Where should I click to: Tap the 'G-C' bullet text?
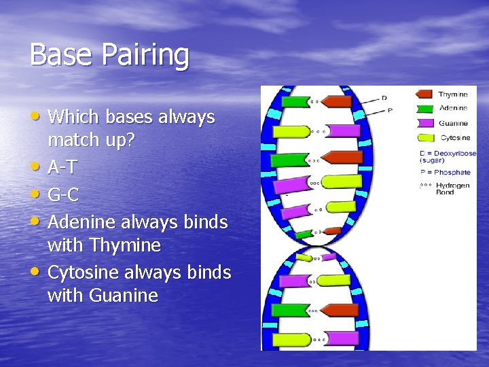(64, 195)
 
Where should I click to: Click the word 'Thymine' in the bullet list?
(128, 245)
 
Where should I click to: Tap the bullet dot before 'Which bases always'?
(39, 117)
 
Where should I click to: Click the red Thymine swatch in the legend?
(424, 95)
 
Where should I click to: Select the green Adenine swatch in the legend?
(424, 109)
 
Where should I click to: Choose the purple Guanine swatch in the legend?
(424, 123)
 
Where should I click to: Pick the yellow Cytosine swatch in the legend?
(424, 137)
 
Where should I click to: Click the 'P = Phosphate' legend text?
(445, 172)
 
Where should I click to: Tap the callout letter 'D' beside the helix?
(384, 98)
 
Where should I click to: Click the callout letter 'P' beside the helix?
(390, 110)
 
